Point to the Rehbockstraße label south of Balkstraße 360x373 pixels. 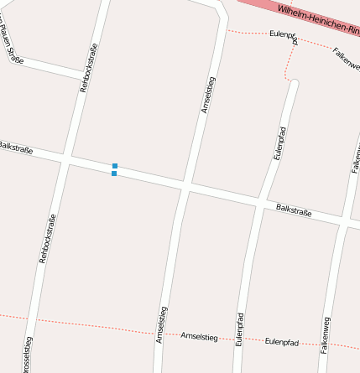point(48,239)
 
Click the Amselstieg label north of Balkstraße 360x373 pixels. point(208,94)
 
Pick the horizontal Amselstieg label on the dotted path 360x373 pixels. point(199,336)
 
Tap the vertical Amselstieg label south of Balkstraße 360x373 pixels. point(161,324)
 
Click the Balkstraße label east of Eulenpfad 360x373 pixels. point(294,210)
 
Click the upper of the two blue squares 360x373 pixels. point(114,166)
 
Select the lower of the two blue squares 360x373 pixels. point(114,174)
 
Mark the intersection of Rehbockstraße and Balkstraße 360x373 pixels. point(65,158)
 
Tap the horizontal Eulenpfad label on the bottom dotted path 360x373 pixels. point(282,342)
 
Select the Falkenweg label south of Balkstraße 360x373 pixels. point(326,336)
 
